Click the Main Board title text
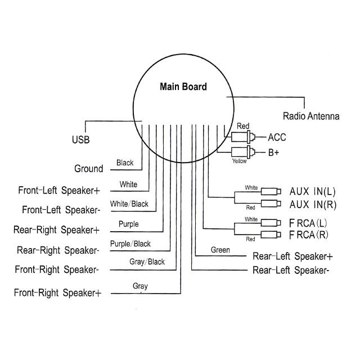[183, 87]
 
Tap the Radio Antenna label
[310, 116]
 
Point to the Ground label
[88, 169]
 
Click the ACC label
[277, 137]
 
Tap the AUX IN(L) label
[312, 191]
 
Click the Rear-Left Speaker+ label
[292, 256]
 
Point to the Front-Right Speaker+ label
[58, 292]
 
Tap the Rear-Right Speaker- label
[58, 250]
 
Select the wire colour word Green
[220, 249]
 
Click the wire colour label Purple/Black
[130, 244]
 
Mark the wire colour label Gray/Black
[147, 262]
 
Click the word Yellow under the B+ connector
[240, 161]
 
